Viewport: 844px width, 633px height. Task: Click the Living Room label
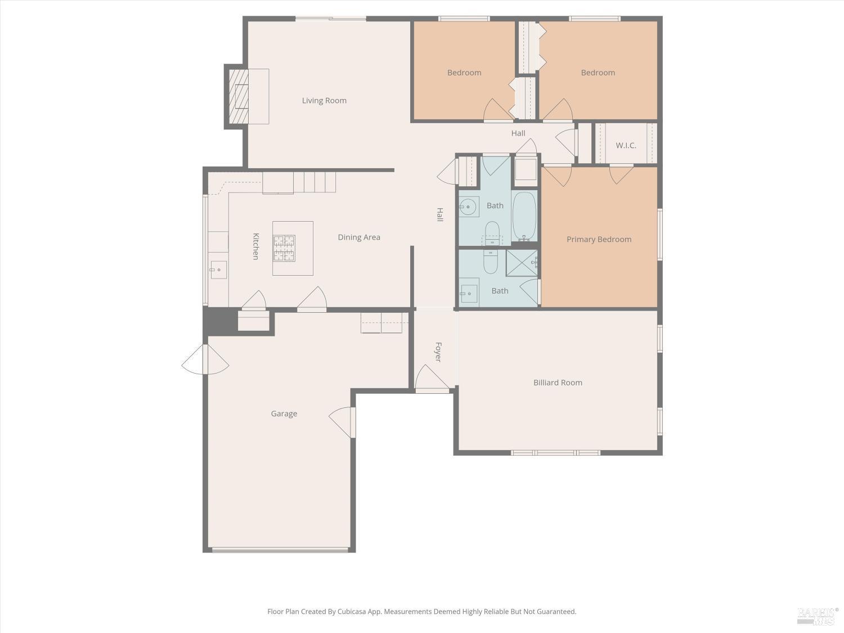click(x=324, y=101)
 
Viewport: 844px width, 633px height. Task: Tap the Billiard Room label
click(x=558, y=383)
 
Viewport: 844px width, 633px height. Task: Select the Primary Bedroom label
click(x=599, y=239)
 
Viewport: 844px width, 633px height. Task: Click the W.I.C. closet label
click(x=626, y=145)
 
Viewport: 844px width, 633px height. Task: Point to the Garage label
click(x=284, y=414)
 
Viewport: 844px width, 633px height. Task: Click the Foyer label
click(x=438, y=352)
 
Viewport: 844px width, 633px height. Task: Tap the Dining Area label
click(x=359, y=237)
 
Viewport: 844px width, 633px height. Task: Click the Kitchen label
click(x=255, y=246)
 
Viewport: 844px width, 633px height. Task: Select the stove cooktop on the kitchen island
click(x=284, y=248)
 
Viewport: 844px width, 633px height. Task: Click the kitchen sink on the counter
click(x=218, y=270)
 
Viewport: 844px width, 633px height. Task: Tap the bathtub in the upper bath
click(x=524, y=217)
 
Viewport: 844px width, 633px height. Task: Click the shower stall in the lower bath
click(x=522, y=263)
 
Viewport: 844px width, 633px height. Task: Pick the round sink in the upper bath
click(x=468, y=207)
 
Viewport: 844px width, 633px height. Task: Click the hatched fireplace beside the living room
click(x=238, y=97)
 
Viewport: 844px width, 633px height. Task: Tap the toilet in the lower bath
click(x=491, y=261)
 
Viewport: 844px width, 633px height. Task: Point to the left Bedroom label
click(x=464, y=73)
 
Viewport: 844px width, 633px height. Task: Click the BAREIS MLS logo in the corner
click(x=817, y=616)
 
